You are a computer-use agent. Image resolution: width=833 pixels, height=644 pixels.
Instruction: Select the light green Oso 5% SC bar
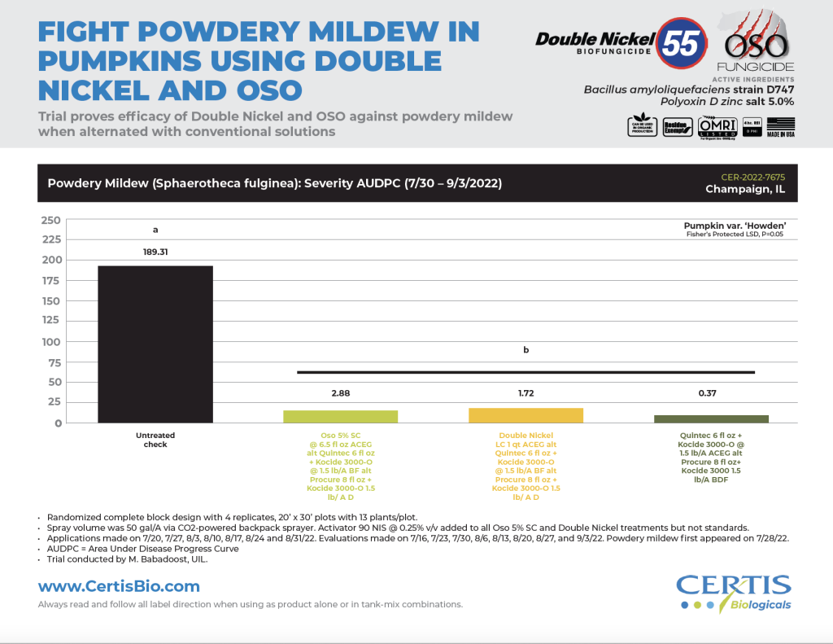coord(340,416)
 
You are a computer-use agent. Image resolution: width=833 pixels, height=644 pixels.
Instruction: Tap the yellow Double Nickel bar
coord(526,414)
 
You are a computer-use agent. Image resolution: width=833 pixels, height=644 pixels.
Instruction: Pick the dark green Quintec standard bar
coord(712,418)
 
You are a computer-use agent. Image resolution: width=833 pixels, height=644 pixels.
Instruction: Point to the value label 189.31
coord(155,252)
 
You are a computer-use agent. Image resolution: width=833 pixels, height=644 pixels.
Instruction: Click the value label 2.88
coord(340,393)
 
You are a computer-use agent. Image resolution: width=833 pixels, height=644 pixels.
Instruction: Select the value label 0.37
coord(712,393)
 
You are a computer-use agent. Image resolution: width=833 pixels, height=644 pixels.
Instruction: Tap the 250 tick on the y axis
coord(50,220)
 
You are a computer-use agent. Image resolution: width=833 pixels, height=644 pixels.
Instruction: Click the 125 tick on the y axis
coord(50,322)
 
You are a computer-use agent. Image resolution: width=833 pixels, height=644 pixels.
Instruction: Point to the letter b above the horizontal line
coord(526,351)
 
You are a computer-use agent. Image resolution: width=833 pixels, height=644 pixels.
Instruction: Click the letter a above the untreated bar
coord(155,230)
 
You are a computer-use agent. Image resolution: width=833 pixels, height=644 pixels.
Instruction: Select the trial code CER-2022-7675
coord(754,176)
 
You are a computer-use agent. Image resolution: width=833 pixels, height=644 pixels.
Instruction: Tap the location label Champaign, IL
coord(746,190)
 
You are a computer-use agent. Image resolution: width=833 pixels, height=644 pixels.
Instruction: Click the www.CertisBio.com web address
coord(119,586)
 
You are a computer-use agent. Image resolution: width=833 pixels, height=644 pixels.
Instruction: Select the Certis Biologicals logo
coord(734,592)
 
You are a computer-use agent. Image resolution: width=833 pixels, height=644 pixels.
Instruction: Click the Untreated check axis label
coord(155,440)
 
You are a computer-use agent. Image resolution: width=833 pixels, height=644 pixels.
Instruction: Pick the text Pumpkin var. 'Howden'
coord(739,226)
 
